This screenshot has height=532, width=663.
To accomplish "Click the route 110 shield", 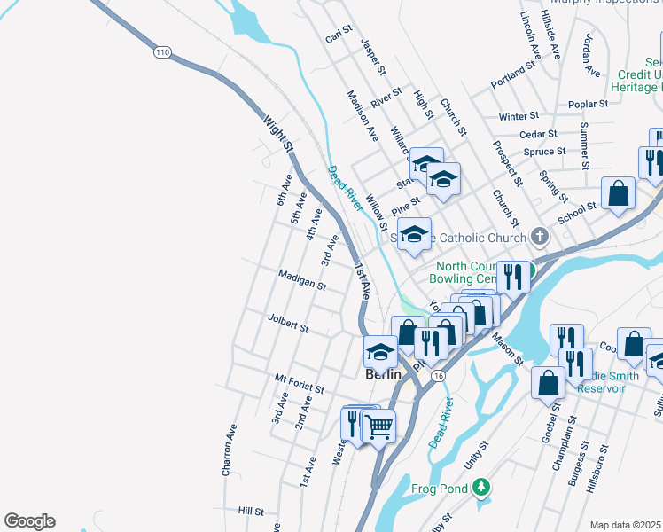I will click(x=161, y=53).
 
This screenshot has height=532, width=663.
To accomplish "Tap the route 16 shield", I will click(x=438, y=376).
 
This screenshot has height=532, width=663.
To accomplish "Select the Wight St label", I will click(x=277, y=134).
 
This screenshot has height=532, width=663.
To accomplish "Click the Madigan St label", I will click(x=303, y=280).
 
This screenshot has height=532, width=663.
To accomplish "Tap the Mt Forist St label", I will click(x=299, y=383).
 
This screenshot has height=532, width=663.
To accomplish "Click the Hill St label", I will click(x=251, y=512).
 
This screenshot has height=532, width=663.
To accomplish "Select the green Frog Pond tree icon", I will click(x=480, y=487).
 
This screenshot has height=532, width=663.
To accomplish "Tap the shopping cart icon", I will click(x=379, y=427).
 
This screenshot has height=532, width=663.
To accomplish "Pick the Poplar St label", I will click(x=588, y=104).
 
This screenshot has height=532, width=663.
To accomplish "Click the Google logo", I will click(x=29, y=520).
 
